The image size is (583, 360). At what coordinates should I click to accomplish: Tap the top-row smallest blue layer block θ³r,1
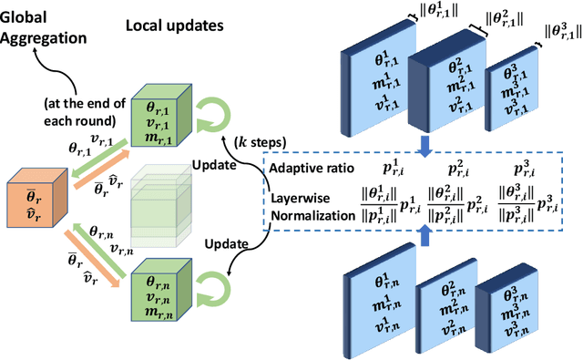pos(515,94)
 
